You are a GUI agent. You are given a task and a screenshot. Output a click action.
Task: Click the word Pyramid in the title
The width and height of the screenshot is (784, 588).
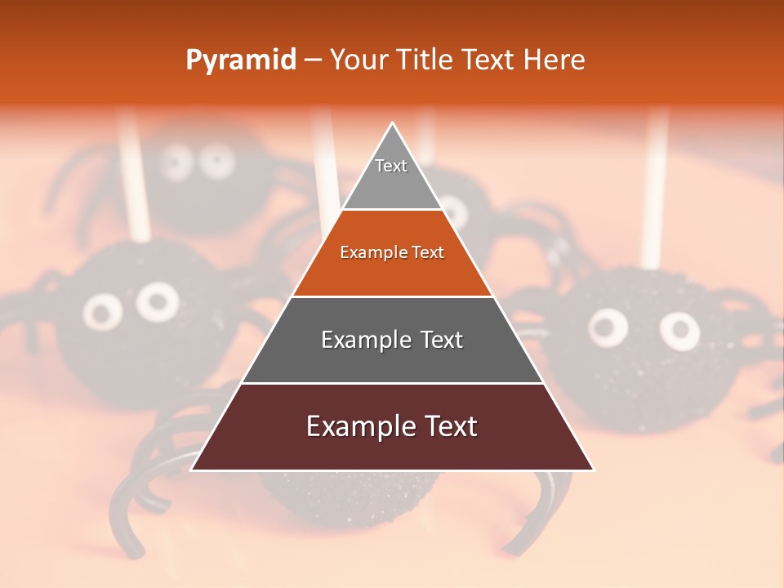[240, 60]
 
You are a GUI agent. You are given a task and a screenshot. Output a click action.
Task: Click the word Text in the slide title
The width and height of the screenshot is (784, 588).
[490, 60]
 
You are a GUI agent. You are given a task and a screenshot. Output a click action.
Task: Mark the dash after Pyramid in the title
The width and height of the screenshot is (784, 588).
[313, 60]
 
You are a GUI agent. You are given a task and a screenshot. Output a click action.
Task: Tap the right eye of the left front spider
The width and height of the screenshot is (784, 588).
[157, 301]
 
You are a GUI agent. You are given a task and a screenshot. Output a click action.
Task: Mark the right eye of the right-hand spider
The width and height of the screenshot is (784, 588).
[679, 330]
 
